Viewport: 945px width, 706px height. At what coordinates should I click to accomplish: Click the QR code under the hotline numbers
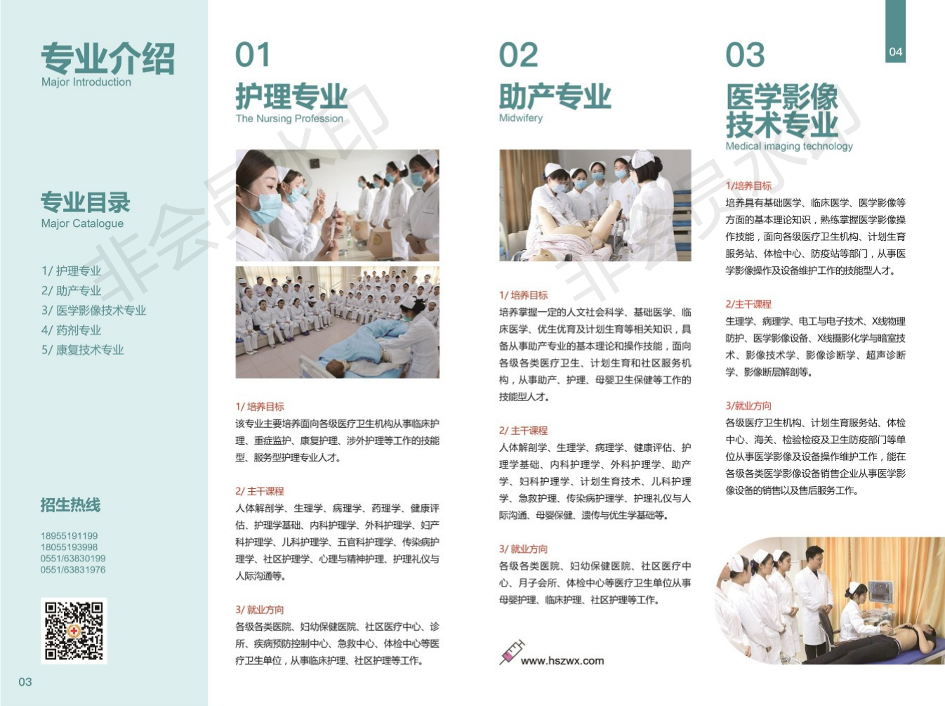point(74,630)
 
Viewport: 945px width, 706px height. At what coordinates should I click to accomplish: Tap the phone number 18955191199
point(70,536)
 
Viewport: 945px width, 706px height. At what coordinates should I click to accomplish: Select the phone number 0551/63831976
point(73,570)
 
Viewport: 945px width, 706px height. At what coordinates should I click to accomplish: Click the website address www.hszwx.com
point(562,660)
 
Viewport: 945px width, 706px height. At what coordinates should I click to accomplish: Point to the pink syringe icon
point(512,652)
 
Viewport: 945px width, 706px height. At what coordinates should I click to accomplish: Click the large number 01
point(253,55)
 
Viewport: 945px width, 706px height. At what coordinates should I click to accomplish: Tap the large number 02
point(518,55)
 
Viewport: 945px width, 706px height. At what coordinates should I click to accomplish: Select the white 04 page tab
point(895,52)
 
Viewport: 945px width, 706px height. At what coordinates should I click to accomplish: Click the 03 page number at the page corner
point(25,682)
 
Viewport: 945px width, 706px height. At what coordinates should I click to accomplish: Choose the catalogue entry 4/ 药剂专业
point(71,330)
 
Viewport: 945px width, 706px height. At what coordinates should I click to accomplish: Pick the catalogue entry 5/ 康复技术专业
point(82,350)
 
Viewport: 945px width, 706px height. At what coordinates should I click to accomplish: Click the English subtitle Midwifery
point(520,117)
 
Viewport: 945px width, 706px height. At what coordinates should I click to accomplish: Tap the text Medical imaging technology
point(789,146)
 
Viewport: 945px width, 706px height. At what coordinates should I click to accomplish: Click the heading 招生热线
point(70,505)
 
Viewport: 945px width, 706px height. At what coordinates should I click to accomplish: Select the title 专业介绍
point(108,58)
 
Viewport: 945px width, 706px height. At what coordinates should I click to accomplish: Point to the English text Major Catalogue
point(82,223)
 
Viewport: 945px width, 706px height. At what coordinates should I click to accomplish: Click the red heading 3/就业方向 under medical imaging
point(748,406)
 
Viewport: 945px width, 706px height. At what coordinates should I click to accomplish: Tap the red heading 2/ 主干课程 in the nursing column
point(260,491)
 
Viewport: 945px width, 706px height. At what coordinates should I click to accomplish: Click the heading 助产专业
point(555,96)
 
